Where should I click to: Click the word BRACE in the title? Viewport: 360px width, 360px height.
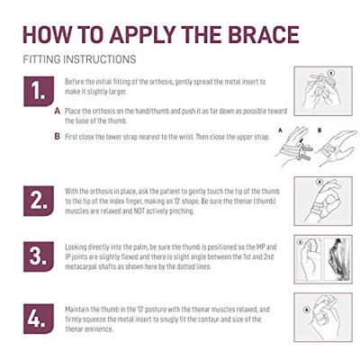(x=264, y=35)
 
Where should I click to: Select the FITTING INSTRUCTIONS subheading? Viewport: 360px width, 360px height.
(x=79, y=59)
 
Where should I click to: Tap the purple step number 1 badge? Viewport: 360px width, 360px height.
(x=39, y=91)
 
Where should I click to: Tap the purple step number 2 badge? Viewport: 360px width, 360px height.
(x=39, y=201)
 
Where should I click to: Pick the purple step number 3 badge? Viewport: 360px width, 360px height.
(x=39, y=256)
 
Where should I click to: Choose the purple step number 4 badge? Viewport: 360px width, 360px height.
(x=39, y=319)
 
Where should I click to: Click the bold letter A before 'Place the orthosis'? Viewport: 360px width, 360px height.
(x=58, y=112)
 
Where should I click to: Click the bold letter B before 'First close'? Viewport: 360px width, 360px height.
(x=58, y=137)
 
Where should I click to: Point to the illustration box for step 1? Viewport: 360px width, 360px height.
(x=323, y=91)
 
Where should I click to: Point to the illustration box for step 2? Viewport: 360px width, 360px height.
(x=323, y=201)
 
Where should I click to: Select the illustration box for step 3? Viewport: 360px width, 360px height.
(x=323, y=259)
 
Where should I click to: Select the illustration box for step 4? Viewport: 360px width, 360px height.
(x=323, y=317)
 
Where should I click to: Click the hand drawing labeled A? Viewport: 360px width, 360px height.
(x=294, y=147)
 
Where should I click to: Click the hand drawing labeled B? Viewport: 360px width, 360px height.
(x=337, y=148)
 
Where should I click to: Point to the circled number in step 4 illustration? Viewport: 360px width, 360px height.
(x=306, y=310)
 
